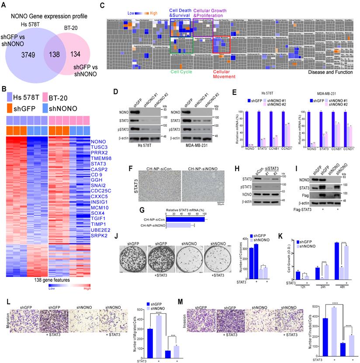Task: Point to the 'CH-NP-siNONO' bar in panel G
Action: coord(173,226)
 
